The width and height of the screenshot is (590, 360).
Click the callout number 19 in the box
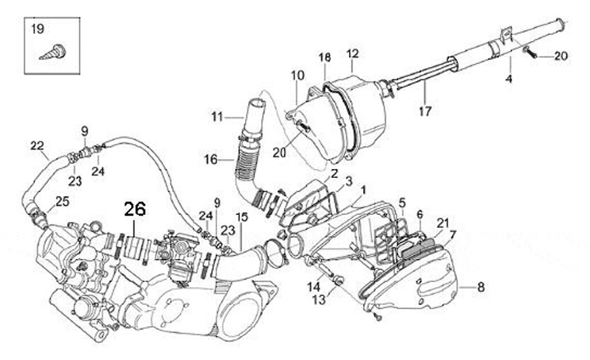pyautogui.click(x=38, y=30)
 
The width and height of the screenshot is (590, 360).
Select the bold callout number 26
pyautogui.click(x=134, y=210)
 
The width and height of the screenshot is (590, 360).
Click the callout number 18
pyautogui.click(x=324, y=57)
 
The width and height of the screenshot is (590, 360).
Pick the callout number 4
pyautogui.click(x=508, y=80)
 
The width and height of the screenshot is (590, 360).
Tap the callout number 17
pyautogui.click(x=424, y=110)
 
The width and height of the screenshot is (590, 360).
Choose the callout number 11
pyautogui.click(x=216, y=117)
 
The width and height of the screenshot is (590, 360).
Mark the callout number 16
pyautogui.click(x=211, y=161)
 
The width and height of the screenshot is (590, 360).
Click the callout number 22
pyautogui.click(x=37, y=146)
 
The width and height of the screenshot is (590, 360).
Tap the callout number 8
pyautogui.click(x=481, y=287)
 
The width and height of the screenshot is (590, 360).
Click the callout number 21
pyautogui.click(x=442, y=223)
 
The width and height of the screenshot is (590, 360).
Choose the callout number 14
pyautogui.click(x=314, y=285)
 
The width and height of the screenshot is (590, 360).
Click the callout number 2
pyautogui.click(x=334, y=174)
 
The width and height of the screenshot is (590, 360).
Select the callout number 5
pyautogui.click(x=402, y=203)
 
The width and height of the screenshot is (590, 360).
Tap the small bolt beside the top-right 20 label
pyautogui.click(x=531, y=55)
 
